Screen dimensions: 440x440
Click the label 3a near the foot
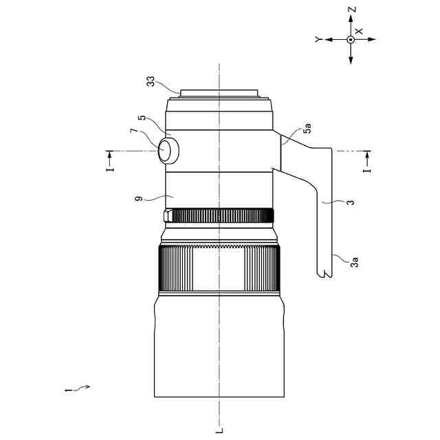pyautogui.click(x=355, y=262)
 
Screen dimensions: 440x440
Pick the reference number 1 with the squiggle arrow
pyautogui.click(x=67, y=390)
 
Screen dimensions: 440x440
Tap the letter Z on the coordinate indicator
pyautogui.click(x=351, y=10)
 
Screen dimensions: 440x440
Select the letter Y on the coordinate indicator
pyautogui.click(x=318, y=40)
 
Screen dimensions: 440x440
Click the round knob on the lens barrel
pyautogui.click(x=168, y=150)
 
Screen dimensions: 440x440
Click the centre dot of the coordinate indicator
pyautogui.click(x=351, y=40)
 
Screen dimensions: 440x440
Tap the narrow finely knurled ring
pyautogui.click(x=220, y=217)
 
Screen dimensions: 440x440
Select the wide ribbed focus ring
pyautogui.click(x=220, y=269)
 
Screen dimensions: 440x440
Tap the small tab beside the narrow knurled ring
pyautogui.click(x=168, y=217)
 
